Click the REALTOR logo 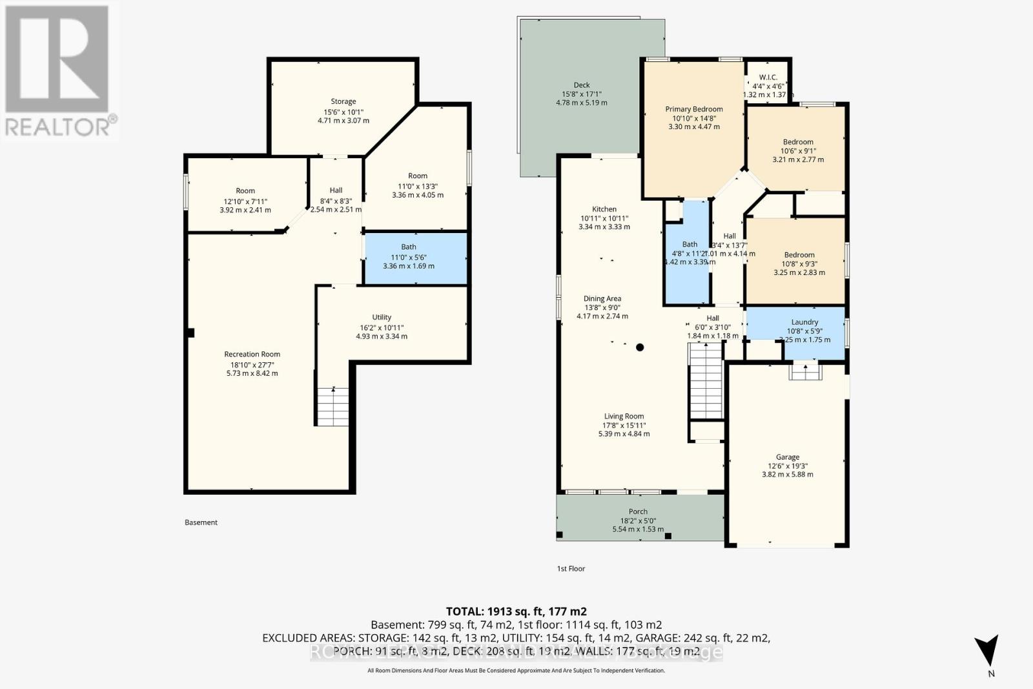pos(59,71)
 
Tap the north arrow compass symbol pos(986,650)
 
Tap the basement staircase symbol pos(332,406)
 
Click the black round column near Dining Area pos(640,347)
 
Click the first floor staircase pos(706,381)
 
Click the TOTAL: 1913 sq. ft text pos(516,611)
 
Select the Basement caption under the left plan pos(201,522)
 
